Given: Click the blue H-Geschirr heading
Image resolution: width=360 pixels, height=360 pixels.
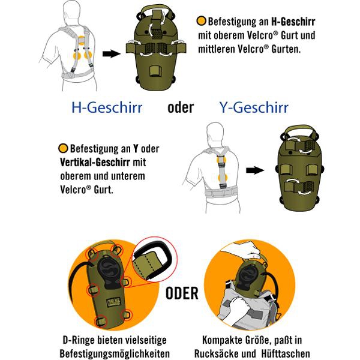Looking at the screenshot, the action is click(x=107, y=107).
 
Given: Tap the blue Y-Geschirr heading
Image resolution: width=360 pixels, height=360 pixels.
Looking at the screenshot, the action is click(x=254, y=107).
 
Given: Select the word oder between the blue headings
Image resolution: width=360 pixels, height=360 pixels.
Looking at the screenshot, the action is click(x=181, y=107).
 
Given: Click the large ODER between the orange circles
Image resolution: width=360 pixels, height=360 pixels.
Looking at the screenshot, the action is click(x=182, y=293).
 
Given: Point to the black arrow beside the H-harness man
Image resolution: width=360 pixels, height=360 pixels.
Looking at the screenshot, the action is click(x=112, y=54).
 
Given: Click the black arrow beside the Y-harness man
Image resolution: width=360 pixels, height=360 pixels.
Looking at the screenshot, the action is click(x=255, y=170).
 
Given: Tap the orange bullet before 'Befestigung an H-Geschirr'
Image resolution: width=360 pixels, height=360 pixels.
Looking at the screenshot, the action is click(x=202, y=21).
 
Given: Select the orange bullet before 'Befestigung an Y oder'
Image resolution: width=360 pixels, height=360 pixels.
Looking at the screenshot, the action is click(x=63, y=148).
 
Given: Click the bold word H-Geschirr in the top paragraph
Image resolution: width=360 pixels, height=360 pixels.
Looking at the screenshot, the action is click(x=293, y=22).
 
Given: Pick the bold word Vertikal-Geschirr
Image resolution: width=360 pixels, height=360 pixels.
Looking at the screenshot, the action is click(x=95, y=163).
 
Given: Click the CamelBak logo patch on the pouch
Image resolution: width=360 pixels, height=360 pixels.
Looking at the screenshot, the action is click(x=113, y=303).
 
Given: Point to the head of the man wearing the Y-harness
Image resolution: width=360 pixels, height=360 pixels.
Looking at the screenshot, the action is click(x=215, y=134).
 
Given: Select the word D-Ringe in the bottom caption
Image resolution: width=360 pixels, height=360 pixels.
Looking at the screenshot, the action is click(x=78, y=340).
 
